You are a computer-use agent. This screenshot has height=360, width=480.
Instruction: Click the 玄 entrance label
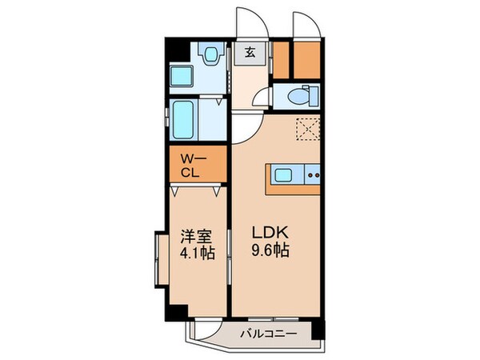pos(250,54)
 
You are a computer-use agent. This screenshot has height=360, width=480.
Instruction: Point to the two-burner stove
pos(313,174)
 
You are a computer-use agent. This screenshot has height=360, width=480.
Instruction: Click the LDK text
pos(270,232)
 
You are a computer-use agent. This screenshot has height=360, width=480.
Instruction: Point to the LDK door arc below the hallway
pos(244,126)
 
